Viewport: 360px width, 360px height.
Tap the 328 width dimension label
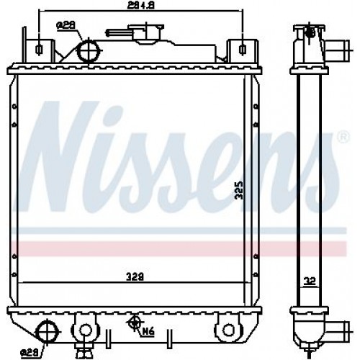click(131, 275)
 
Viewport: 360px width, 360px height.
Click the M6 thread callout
click(148, 332)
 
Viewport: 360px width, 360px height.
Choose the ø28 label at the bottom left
click(28, 352)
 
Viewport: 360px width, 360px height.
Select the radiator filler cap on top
click(132, 33)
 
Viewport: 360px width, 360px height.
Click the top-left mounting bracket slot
click(38, 49)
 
